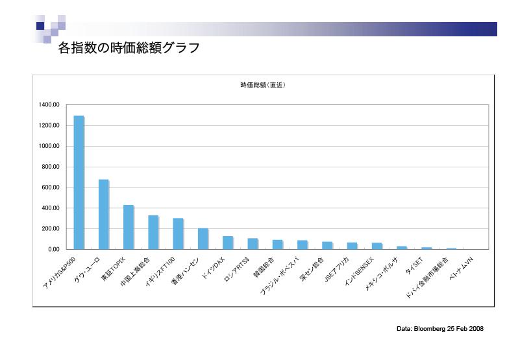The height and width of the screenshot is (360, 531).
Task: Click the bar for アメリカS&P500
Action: click(79, 182)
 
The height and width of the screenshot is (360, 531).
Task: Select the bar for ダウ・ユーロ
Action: click(103, 214)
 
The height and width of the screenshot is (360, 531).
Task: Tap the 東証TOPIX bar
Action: click(128, 227)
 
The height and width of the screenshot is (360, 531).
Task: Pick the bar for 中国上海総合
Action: click(153, 232)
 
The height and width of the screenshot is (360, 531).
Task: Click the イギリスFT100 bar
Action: click(178, 234)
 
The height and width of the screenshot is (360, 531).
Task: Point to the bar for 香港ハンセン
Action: click(203, 239)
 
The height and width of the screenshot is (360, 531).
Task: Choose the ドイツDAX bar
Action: click(227, 243)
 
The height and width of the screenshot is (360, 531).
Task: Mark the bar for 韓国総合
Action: click(277, 245)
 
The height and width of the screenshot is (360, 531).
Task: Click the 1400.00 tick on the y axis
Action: click(49, 104)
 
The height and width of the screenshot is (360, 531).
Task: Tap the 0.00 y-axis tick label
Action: click(54, 249)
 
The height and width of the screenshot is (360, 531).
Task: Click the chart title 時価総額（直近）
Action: click(263, 85)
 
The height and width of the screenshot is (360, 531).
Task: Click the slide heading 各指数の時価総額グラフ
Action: click(129, 48)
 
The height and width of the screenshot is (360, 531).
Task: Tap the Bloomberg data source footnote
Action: click(440, 329)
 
